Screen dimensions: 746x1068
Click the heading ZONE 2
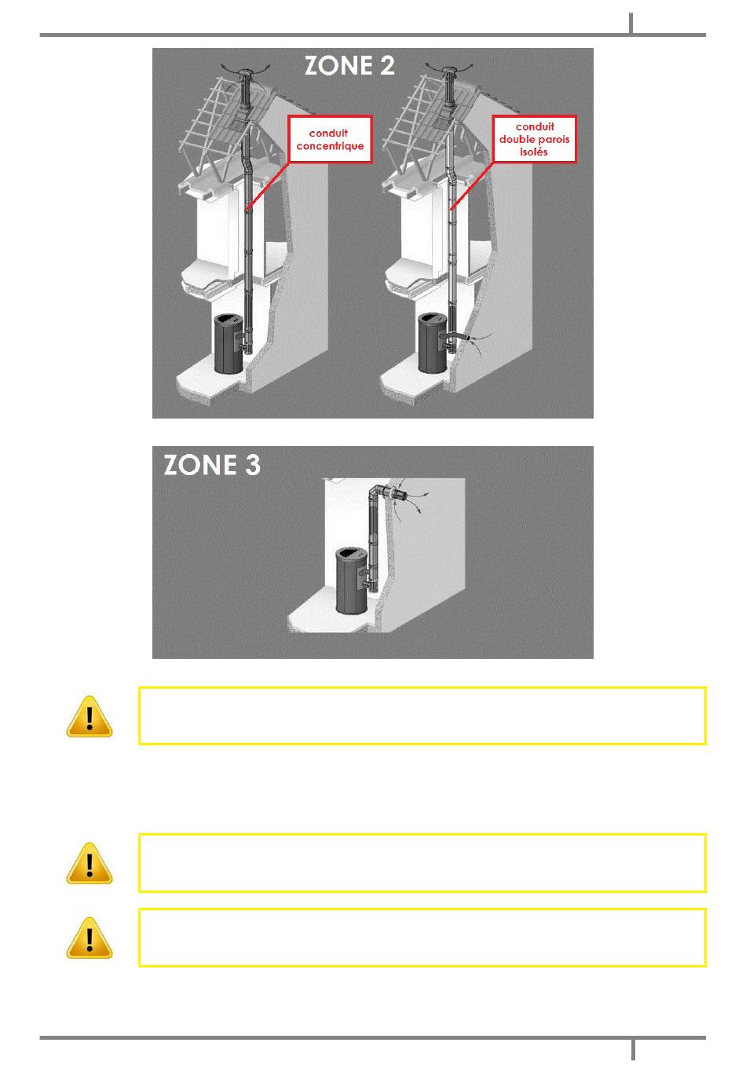point(349,65)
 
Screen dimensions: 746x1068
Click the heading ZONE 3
point(212,465)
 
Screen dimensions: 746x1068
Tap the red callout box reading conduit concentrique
point(330,139)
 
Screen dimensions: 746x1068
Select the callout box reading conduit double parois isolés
point(534,139)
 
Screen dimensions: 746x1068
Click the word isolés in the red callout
point(534,152)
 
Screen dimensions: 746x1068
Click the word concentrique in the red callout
point(330,146)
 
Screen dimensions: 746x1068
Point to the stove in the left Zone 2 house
point(229,343)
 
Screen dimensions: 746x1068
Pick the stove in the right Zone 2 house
point(433,342)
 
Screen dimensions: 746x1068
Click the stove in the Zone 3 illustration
point(352,580)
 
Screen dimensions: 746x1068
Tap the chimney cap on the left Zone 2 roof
point(246,74)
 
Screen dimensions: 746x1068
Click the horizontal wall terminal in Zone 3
point(398,495)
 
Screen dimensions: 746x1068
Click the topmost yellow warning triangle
point(90,716)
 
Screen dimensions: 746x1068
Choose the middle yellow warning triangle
point(90,863)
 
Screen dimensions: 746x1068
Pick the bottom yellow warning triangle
point(90,938)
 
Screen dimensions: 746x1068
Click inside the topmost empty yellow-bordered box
point(422,715)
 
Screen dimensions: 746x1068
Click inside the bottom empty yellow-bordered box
point(422,938)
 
